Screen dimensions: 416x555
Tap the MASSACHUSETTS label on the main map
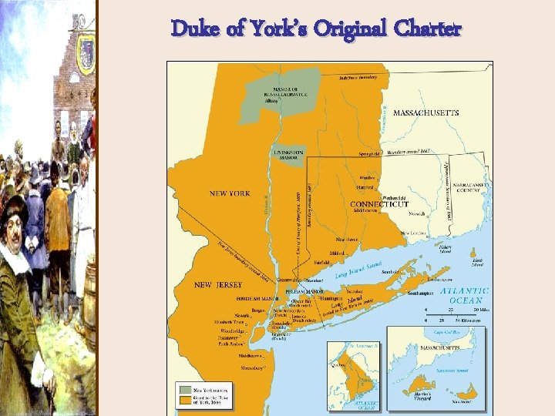425,112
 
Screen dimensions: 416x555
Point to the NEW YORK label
230,193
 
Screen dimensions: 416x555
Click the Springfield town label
372,154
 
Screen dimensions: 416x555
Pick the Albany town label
271,101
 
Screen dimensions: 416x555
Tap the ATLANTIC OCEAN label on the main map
465,295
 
